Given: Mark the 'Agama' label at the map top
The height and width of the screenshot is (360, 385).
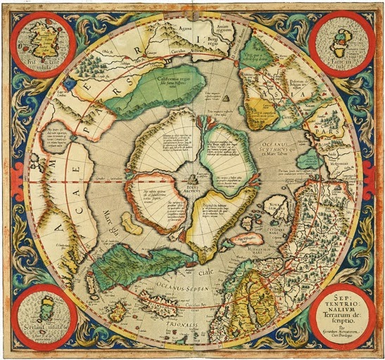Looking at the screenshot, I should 184,27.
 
